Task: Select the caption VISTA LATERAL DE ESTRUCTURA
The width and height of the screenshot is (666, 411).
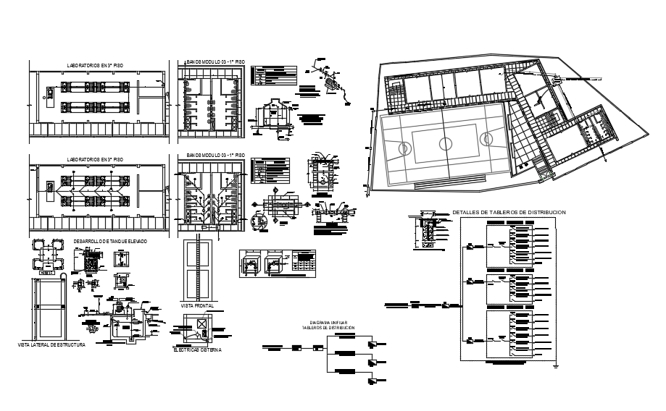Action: click(51, 345)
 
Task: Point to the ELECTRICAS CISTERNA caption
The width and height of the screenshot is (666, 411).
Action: click(197, 349)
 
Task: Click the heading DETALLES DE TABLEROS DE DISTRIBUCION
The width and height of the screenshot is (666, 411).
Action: click(508, 212)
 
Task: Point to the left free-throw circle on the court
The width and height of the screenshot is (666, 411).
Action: click(404, 149)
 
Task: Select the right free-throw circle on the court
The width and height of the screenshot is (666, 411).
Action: click(483, 137)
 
